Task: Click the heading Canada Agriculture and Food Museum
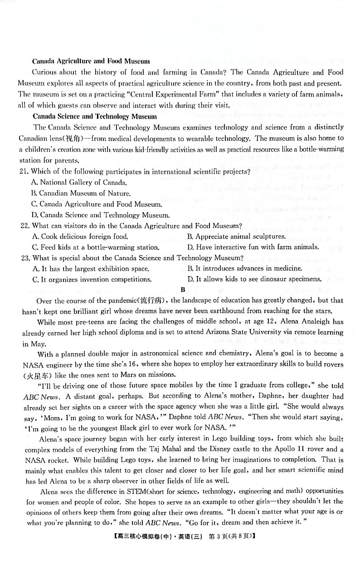tap(91, 61)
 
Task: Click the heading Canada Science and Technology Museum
tap(95, 117)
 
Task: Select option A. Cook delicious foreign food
tap(80, 237)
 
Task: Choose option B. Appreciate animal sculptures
tap(236, 236)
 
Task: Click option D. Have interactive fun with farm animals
tap(253, 247)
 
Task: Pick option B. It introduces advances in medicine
tap(244, 268)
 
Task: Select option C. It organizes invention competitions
tap(92, 280)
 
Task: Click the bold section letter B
tap(182, 290)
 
